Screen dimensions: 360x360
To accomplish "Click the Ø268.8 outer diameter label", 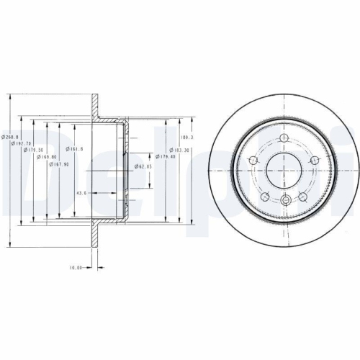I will (x=10, y=137).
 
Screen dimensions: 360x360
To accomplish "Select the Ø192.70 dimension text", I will (x=22, y=144).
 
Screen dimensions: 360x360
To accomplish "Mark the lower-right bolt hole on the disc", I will (x=304, y=197).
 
